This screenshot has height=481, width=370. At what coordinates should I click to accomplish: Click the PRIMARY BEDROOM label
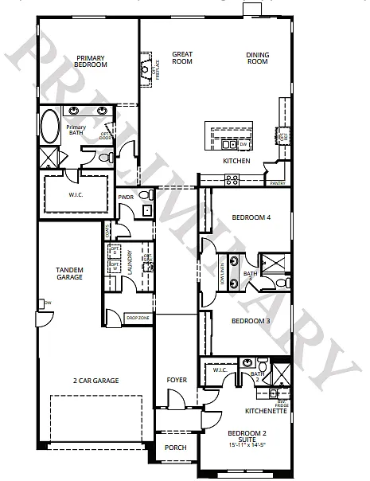[x=92, y=62]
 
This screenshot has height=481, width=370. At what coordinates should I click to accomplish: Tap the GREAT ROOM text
[x=182, y=58]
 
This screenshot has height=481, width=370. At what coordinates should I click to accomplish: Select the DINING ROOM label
[x=257, y=58]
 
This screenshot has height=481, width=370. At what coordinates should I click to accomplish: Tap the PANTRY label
[x=277, y=183]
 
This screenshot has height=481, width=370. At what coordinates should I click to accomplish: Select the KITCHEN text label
[x=236, y=161]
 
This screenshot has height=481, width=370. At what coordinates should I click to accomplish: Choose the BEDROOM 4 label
[x=251, y=217]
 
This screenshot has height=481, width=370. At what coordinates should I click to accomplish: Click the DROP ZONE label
[x=138, y=318]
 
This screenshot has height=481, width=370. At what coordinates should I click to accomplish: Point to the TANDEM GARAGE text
[x=70, y=273]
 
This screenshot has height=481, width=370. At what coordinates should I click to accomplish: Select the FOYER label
[x=177, y=380]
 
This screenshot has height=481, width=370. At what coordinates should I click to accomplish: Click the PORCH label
[x=175, y=448]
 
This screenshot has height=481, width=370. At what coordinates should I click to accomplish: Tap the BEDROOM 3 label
[x=251, y=321]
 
